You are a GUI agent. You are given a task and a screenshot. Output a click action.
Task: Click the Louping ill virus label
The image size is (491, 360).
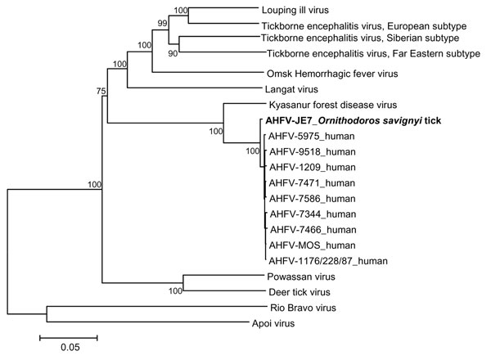point(295,11)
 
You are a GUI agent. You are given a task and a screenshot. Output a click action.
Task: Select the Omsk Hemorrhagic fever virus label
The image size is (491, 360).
point(332,74)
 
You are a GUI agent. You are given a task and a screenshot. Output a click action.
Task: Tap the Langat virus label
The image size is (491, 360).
point(291,89)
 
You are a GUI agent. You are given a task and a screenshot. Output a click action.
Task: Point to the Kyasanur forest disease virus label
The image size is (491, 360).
point(333,105)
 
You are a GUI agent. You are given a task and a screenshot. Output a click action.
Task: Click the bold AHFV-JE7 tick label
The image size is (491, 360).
point(354,120)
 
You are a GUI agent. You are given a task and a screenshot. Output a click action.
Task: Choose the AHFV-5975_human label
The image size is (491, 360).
point(311,136)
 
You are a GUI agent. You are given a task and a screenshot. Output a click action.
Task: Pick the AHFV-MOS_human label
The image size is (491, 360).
point(312,245)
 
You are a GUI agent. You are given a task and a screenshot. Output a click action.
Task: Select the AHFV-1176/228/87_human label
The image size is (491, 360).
point(328,261)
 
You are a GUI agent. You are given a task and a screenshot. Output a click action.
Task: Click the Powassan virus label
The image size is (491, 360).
point(301,277)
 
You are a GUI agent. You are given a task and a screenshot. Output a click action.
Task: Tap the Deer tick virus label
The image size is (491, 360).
point(300,292)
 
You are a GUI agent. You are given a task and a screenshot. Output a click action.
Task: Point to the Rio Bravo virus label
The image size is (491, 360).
point(303,308)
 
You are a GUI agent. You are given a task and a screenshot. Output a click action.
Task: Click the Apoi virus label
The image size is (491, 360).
point(273,323)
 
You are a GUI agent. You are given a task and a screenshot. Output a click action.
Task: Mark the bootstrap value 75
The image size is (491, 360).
point(101,91)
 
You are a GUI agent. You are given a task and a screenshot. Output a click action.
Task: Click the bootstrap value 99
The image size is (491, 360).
point(162,23)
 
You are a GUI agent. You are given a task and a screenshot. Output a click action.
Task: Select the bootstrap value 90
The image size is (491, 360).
point(173,53)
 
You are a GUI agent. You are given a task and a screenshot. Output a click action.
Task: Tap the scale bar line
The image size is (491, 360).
point(69,338)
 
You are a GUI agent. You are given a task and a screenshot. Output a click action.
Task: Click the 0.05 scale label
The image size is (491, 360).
point(70,347)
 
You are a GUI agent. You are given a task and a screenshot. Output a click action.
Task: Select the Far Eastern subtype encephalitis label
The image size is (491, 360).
point(373,54)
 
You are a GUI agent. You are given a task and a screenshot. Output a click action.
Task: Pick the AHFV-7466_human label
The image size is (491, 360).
point(313,230)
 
